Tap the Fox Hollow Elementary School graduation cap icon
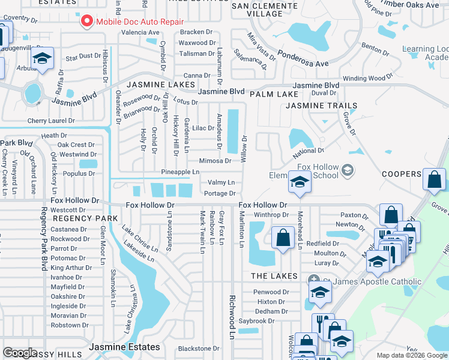(298, 181)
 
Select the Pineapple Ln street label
(180, 172)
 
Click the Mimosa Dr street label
(215, 161)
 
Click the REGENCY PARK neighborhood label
(85, 218)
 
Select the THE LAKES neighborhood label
(274, 276)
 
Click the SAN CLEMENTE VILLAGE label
(265, 9)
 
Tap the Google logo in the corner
(20, 352)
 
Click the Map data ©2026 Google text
(411, 355)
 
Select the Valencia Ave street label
(140, 32)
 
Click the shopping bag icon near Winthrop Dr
(282, 238)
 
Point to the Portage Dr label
(219, 193)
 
